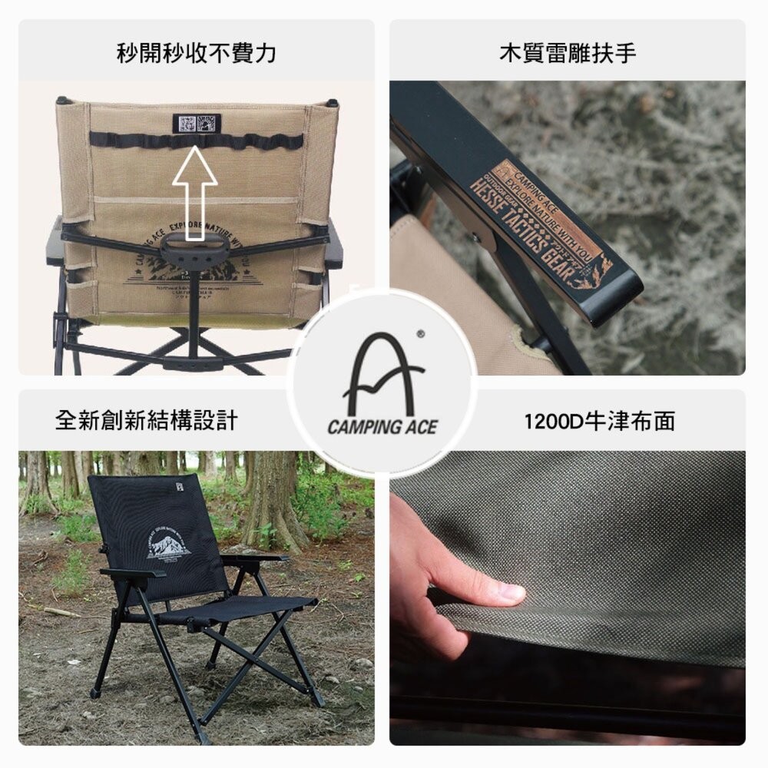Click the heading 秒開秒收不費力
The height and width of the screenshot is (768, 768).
pos(197,53)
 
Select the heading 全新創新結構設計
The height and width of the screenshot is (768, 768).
pos(147,420)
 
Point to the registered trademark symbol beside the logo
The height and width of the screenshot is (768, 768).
pos(419,334)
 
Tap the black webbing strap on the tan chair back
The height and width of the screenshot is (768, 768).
pos(195,141)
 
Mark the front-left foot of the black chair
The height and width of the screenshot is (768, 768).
pos(94,692)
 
